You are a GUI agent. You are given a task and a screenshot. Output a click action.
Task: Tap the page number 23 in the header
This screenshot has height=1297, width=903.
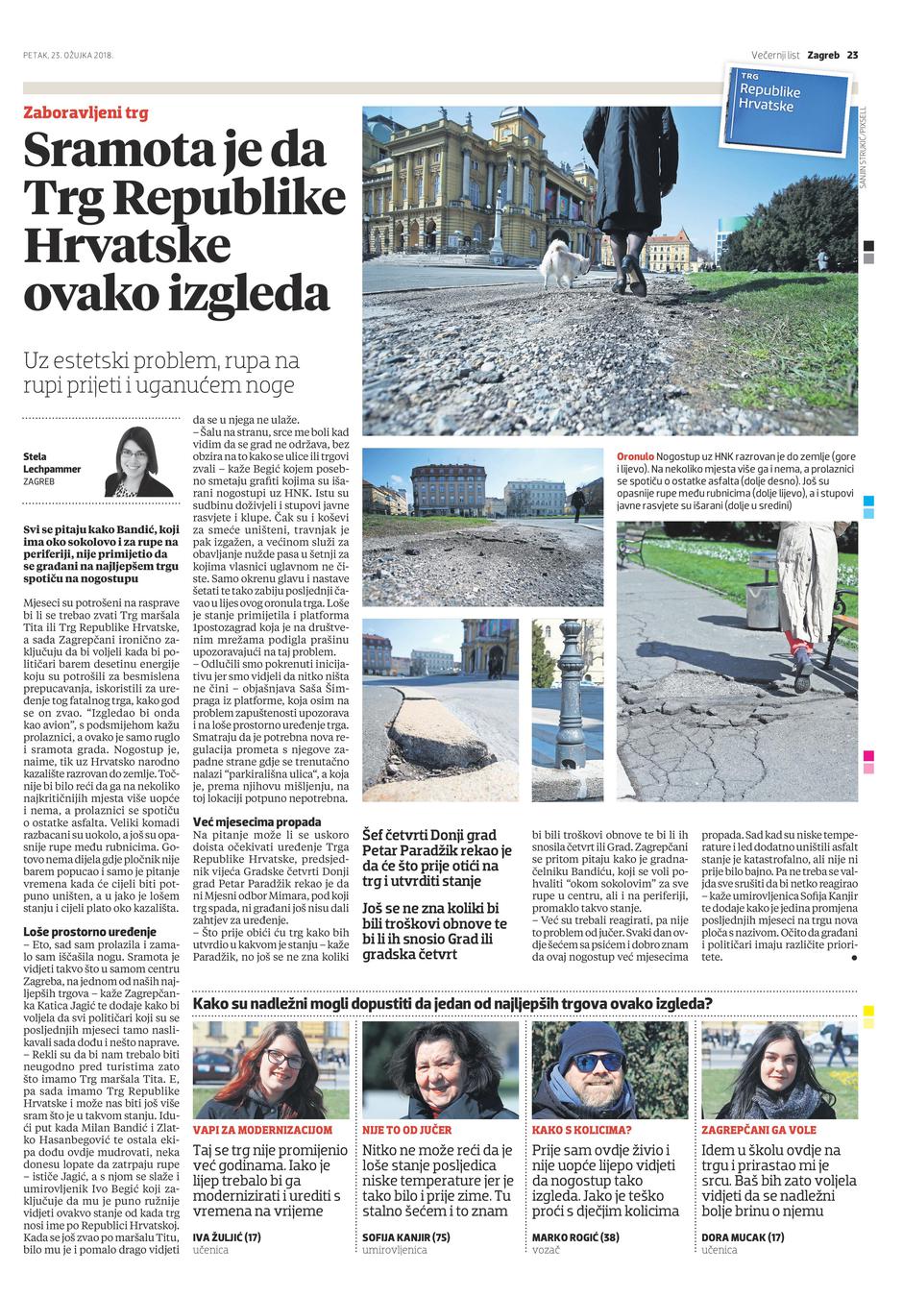click(x=852, y=55)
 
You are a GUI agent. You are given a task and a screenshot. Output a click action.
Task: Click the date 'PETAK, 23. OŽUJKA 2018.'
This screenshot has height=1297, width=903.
click(x=68, y=55)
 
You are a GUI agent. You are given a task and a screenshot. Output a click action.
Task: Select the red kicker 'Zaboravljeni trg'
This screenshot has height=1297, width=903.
click(x=85, y=112)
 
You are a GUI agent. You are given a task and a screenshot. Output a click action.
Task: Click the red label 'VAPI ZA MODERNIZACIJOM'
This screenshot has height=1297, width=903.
click(x=262, y=1130)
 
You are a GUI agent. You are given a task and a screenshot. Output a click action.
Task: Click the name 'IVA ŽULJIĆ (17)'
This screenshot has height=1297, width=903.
click(x=227, y=1236)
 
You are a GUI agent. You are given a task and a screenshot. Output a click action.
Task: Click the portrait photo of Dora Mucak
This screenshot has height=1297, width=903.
click(x=780, y=1068)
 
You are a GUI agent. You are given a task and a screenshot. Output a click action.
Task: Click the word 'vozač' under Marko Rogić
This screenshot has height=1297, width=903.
click(x=547, y=1250)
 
